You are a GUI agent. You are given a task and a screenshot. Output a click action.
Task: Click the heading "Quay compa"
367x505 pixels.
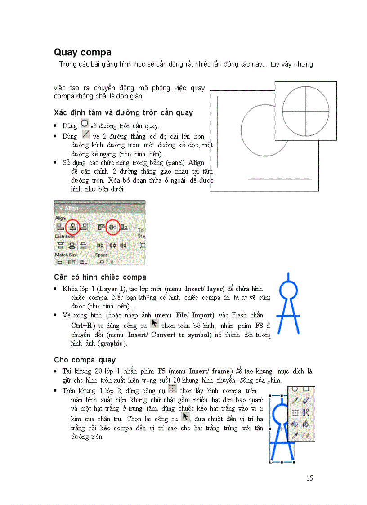[82, 53]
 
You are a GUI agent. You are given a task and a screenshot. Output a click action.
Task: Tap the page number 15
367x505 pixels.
[309, 478]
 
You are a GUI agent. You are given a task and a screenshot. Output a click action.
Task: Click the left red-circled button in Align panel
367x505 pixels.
[72, 227]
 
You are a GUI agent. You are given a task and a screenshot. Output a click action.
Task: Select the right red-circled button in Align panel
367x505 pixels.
[112, 227]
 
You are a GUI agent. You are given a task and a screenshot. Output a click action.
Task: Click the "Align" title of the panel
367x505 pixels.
[71, 208]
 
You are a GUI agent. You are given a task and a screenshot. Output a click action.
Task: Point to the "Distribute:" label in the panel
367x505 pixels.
[65, 236]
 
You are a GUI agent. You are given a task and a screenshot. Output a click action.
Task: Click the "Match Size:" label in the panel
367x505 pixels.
[67, 255]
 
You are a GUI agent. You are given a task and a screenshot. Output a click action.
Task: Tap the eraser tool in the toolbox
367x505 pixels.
[306, 435]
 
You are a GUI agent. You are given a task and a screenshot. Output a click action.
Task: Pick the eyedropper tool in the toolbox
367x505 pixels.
[295, 435]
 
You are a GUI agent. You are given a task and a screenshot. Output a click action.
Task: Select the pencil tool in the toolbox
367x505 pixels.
[295, 399]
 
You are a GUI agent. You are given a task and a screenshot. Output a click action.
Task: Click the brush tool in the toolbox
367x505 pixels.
[306, 399]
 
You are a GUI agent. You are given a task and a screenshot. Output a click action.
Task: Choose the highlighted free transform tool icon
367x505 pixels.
[295, 411]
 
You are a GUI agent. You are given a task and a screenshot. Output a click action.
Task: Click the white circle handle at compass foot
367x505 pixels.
[271, 461]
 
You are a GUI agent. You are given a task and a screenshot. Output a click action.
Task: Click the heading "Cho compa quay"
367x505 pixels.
[85, 360]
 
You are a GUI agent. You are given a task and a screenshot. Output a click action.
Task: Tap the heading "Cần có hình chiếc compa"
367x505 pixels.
[100, 277]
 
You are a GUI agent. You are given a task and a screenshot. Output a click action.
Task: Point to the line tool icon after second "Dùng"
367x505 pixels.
[85, 134]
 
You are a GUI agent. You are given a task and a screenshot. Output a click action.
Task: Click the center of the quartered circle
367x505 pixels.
[306, 110]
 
